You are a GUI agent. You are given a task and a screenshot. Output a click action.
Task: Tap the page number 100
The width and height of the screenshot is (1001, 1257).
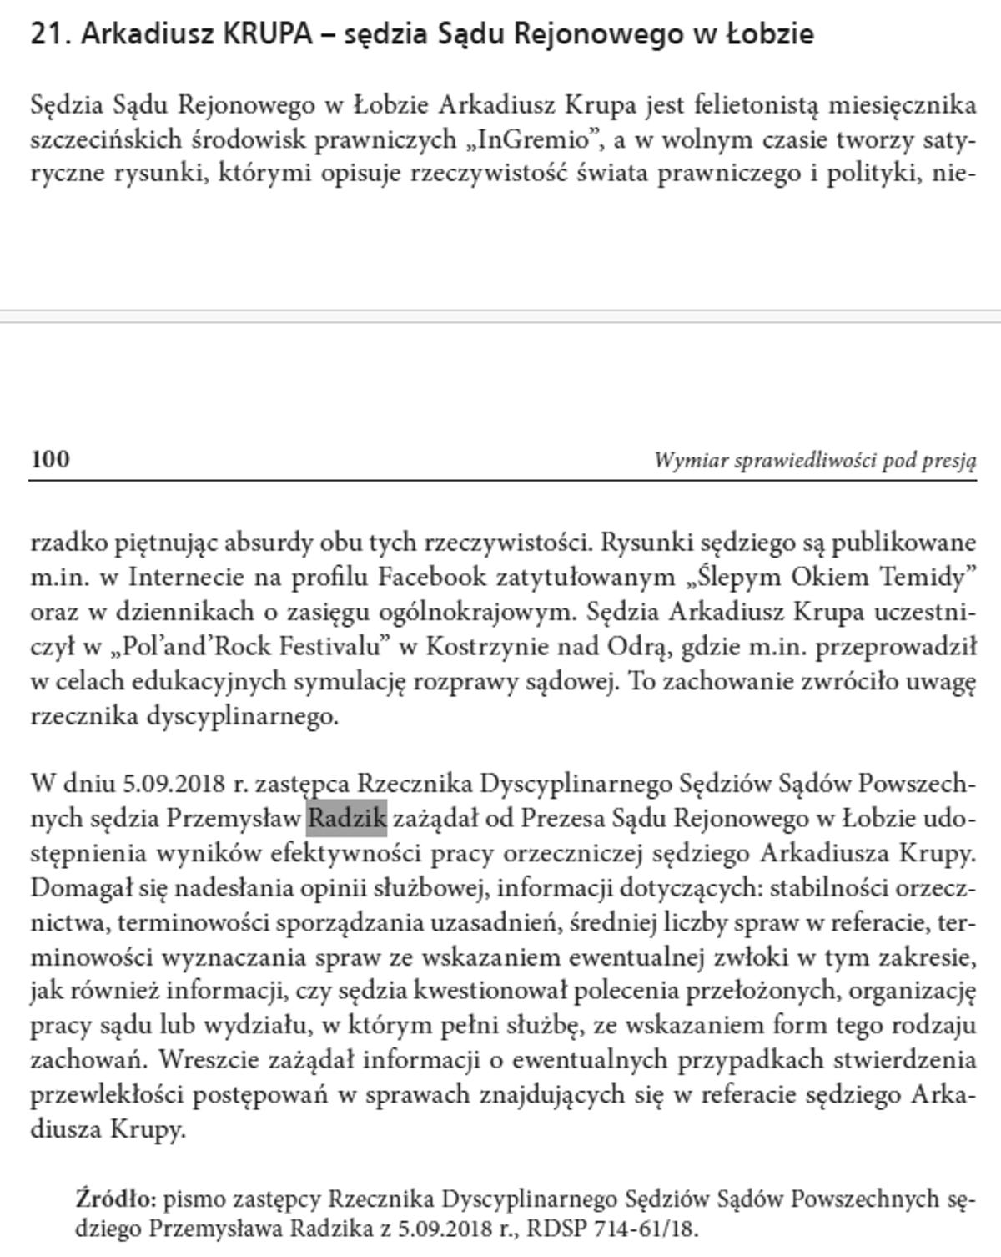(x=50, y=459)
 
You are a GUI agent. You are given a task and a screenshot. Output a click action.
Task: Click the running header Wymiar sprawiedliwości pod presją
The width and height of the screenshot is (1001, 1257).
(x=814, y=460)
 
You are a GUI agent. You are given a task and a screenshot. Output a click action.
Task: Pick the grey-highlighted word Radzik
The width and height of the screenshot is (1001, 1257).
(x=347, y=818)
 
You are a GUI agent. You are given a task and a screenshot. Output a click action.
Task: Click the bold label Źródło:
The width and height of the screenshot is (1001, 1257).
(x=116, y=1199)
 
